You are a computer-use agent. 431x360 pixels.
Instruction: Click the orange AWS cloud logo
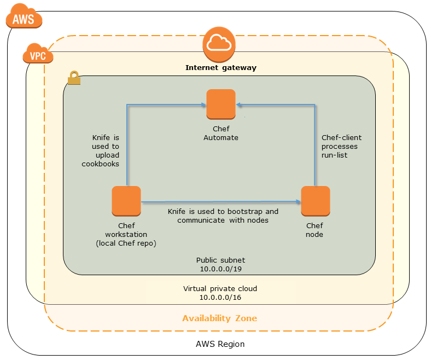(24, 19)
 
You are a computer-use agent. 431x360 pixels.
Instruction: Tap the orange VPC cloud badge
(38, 55)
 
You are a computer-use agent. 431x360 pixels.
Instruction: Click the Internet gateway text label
(220, 68)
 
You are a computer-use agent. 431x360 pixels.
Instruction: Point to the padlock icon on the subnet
(74, 79)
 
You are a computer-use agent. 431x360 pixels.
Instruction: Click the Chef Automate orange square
(221, 104)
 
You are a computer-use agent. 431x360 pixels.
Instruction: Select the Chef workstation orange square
(126, 201)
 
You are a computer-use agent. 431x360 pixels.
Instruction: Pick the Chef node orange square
(316, 201)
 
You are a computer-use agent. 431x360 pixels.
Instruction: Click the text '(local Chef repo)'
(126, 242)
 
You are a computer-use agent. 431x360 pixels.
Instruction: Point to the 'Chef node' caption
(314, 230)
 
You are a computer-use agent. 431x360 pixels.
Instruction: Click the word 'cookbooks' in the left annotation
(101, 164)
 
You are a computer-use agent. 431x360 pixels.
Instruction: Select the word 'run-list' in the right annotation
(334, 155)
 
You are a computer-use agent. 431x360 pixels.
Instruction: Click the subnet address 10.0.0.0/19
(220, 269)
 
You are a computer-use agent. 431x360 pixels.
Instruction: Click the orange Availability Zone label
(219, 318)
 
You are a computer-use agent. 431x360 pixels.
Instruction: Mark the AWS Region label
(220, 344)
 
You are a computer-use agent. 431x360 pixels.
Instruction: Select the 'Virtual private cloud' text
(220, 288)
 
